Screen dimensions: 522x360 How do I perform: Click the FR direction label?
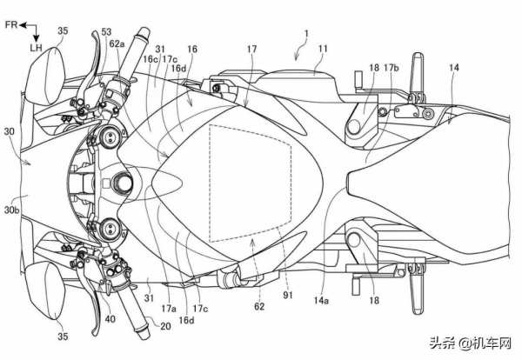coord(11,25)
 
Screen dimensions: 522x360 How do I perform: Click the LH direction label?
coord(36,48)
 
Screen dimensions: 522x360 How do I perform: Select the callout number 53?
coord(106,32)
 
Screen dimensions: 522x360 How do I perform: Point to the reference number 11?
coord(323,49)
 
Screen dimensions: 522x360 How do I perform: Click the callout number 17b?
coord(391,68)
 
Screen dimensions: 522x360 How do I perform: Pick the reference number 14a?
coord(321,301)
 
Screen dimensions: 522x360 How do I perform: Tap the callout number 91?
coord(287,295)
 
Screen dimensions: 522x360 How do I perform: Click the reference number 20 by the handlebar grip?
coord(165,326)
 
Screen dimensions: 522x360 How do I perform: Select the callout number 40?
coord(110,319)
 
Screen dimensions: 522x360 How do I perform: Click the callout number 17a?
coord(169,309)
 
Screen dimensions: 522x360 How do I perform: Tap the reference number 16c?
coord(151,59)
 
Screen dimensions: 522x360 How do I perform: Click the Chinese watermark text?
coord(471,343)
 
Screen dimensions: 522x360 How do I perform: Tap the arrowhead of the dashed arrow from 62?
coord(253,241)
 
